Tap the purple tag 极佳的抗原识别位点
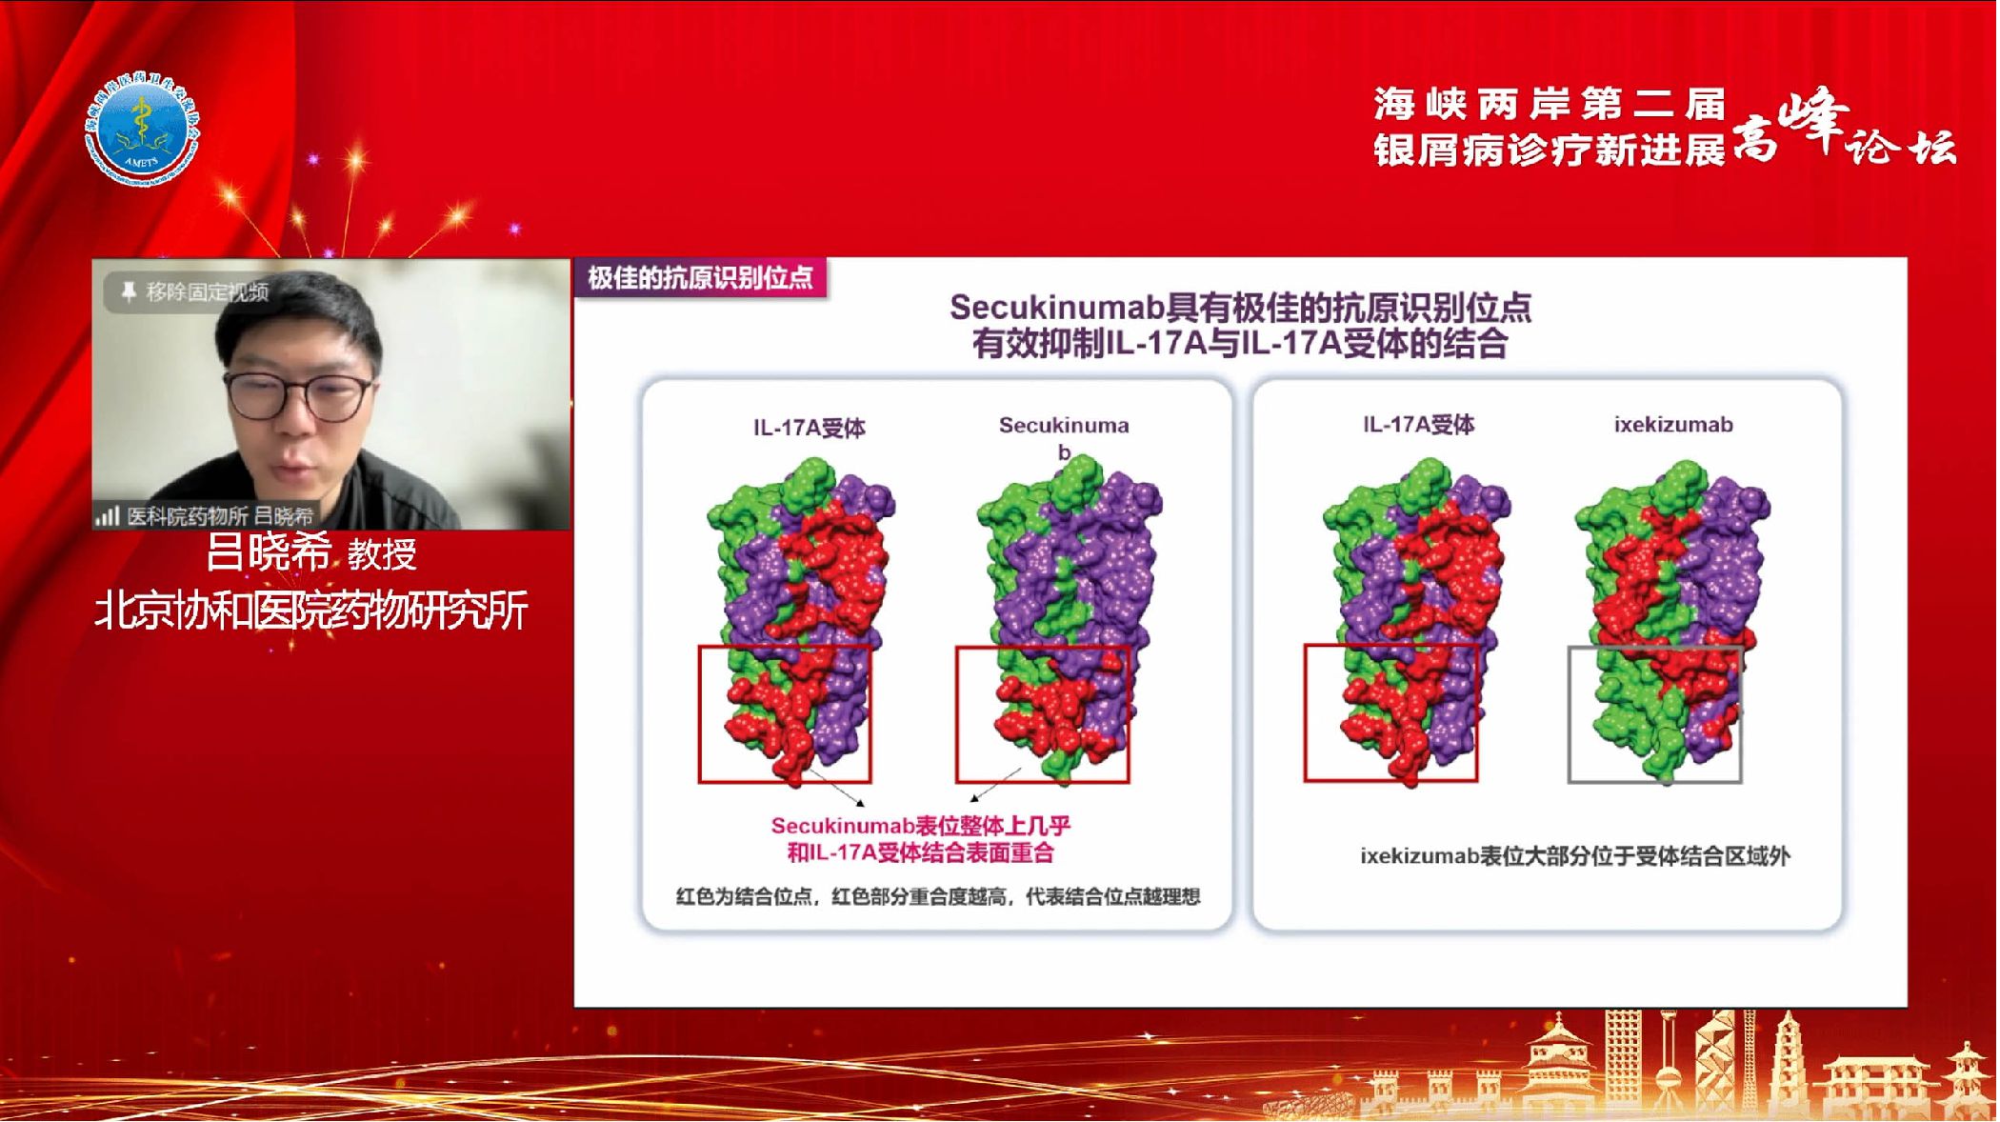click(x=700, y=278)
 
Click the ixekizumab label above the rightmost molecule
click(x=1673, y=425)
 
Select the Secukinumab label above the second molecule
click(x=1064, y=438)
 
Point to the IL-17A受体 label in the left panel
click(x=809, y=428)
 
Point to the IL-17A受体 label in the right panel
click(x=1418, y=425)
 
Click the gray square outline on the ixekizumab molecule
click(x=1569, y=714)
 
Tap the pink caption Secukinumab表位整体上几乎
click(x=920, y=826)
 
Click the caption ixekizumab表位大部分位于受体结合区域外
click(x=1574, y=856)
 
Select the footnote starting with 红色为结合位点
click(x=937, y=896)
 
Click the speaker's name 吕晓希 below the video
click(x=269, y=552)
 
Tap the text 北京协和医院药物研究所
click(x=310, y=611)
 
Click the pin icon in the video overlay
click(x=129, y=291)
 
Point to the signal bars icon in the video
click(x=107, y=516)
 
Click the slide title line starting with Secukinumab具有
click(x=1240, y=308)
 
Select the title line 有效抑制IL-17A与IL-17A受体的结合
click(x=1240, y=343)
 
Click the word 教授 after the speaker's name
click(x=381, y=554)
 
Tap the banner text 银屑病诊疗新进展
click(x=1549, y=150)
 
